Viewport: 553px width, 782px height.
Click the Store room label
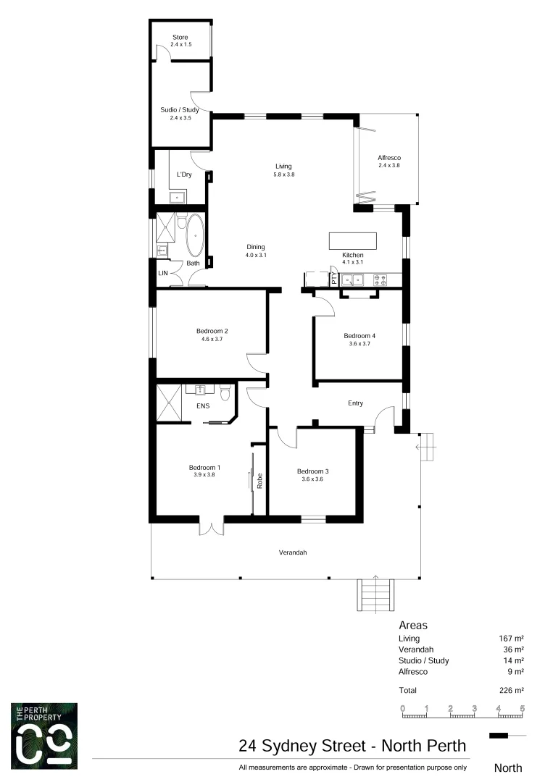180,37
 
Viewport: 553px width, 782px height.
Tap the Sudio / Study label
180,110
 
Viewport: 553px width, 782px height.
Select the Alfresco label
389,158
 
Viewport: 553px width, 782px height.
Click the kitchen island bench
353,240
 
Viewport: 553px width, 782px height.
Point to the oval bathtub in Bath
195,235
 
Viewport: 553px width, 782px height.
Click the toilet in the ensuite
225,393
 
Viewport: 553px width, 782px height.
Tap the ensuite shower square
170,403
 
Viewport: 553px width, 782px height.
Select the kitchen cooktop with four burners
380,279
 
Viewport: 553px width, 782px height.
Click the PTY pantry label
333,279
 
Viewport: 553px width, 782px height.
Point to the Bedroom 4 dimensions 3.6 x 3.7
359,344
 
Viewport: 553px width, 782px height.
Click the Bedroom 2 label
212,331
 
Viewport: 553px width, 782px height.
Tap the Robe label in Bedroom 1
259,481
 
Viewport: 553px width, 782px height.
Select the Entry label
355,403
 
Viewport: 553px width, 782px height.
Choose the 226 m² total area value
511,690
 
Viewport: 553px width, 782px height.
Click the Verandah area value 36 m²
513,649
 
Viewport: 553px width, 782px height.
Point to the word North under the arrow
507,768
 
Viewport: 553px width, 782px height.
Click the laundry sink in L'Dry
177,196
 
